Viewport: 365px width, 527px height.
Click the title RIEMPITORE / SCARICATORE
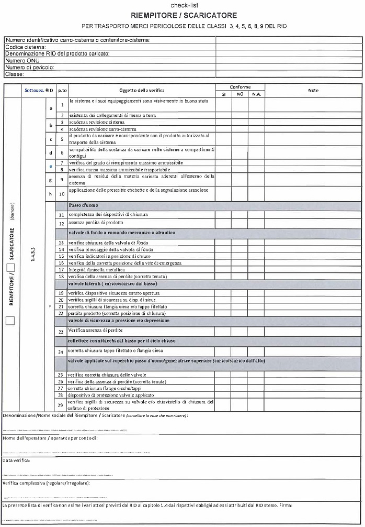(184, 16)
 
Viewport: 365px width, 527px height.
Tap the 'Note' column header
(313, 91)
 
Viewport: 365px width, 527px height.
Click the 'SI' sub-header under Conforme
(223, 94)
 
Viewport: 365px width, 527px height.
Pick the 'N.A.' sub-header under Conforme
(256, 94)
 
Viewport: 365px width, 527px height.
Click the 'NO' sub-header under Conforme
(240, 94)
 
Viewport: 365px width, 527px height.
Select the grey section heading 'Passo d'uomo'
(84, 205)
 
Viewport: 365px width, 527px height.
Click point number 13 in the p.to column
(61, 243)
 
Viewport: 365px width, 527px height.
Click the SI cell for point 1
(223, 105)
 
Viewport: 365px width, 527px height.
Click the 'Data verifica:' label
(16, 460)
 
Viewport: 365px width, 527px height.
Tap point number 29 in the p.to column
(61, 405)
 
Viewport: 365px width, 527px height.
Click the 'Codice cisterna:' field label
(21, 47)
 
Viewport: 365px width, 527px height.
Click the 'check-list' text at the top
(183, 5)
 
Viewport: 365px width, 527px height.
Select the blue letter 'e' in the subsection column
(51, 166)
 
